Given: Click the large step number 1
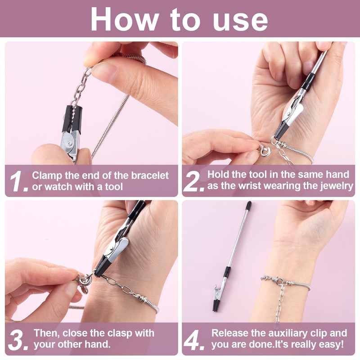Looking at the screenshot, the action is (18, 181).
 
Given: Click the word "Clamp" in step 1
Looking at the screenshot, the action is (47, 176).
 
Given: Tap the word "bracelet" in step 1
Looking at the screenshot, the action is (150, 175).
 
